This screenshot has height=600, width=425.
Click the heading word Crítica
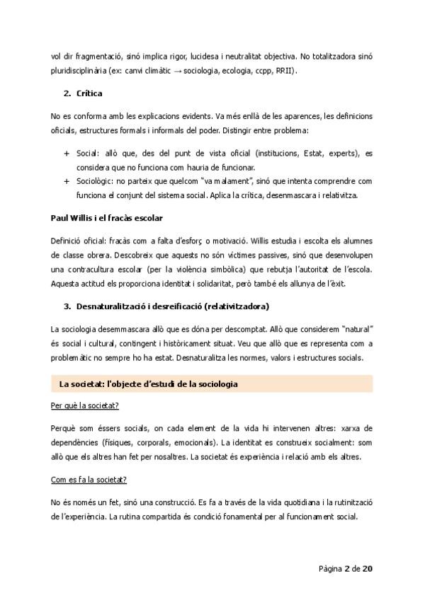[89, 93]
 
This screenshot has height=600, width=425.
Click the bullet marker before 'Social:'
[67, 154]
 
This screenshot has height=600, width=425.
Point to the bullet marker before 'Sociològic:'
[67, 181]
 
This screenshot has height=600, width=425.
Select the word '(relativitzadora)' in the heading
[232, 306]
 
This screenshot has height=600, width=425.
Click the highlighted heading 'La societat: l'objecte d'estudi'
[148, 384]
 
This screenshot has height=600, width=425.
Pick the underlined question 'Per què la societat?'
[84, 406]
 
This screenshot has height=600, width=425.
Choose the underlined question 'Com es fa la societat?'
[89, 480]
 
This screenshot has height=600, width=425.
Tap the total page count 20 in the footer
[368, 568]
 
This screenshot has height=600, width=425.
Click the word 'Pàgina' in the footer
[330, 568]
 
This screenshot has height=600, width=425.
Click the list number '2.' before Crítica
[67, 93]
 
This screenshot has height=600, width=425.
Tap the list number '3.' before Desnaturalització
[67, 306]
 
